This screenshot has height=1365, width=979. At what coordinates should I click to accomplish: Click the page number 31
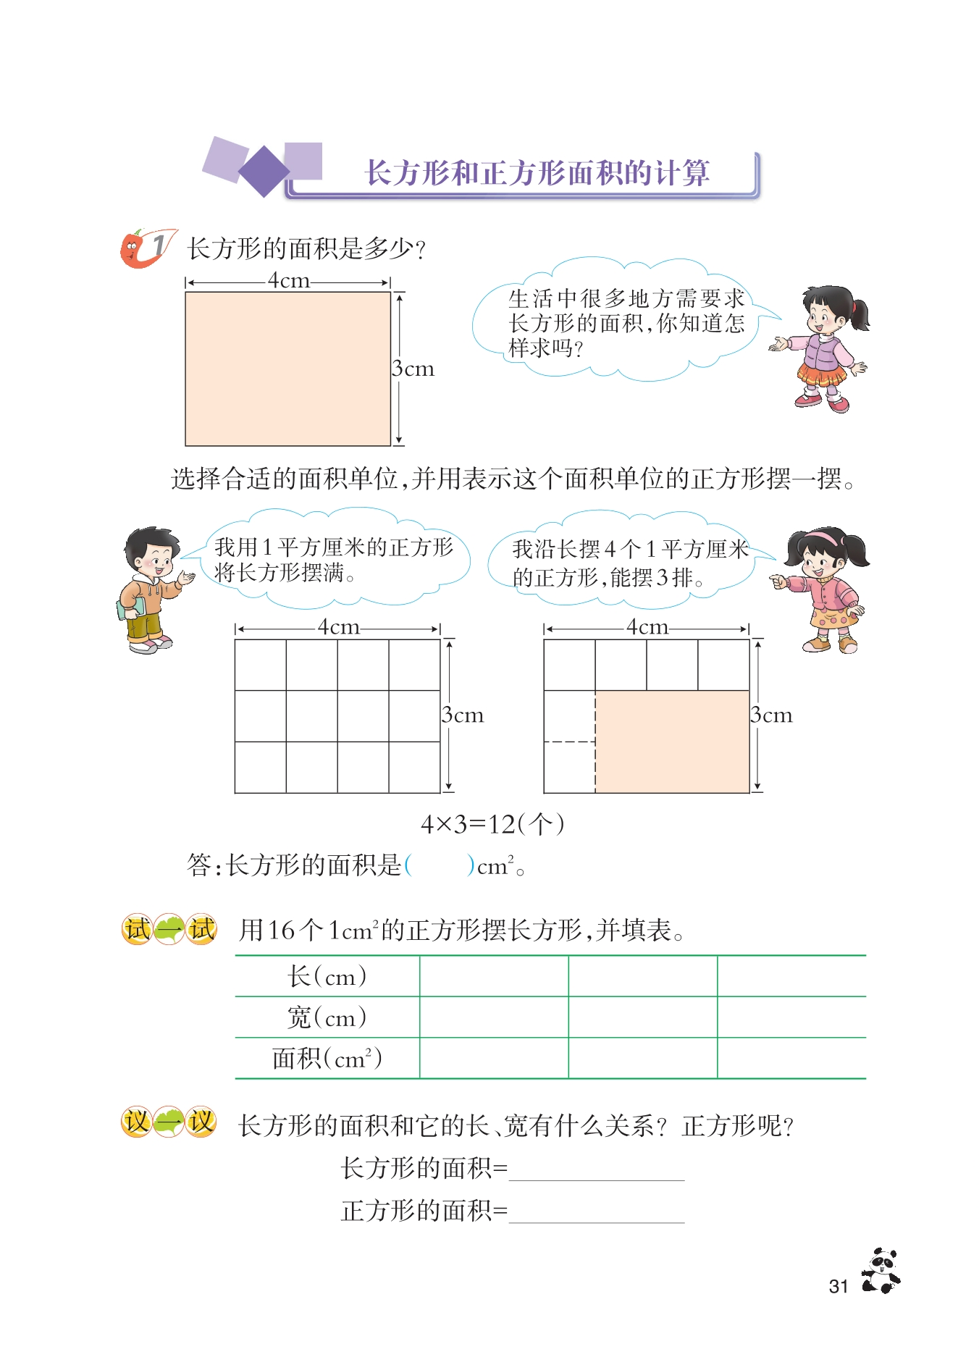838,1286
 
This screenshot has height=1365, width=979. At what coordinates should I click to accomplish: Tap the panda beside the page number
881,1271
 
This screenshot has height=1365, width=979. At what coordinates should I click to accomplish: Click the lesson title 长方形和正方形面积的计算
537,173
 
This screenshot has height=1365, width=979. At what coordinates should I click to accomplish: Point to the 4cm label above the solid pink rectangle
288,280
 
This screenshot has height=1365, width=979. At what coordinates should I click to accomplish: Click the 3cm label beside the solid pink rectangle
413,369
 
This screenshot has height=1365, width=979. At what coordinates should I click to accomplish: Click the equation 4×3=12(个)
492,824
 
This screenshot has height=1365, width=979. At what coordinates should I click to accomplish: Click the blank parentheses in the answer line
440,865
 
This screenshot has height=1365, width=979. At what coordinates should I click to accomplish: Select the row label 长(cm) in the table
327,976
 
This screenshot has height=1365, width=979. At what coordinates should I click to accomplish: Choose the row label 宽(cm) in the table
327,1017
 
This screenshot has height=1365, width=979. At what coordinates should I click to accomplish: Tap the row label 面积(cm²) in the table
327,1059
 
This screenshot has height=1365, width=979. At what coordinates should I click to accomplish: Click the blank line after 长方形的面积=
597,1169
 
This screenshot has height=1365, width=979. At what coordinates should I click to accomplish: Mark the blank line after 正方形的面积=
597,1211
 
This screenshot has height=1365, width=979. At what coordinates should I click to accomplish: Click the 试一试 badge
169,929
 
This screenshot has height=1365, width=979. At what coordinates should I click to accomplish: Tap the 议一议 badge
169,1122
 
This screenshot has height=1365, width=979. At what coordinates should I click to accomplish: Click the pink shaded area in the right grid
672,742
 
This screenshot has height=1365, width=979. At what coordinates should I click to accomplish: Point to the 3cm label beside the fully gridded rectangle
463,715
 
